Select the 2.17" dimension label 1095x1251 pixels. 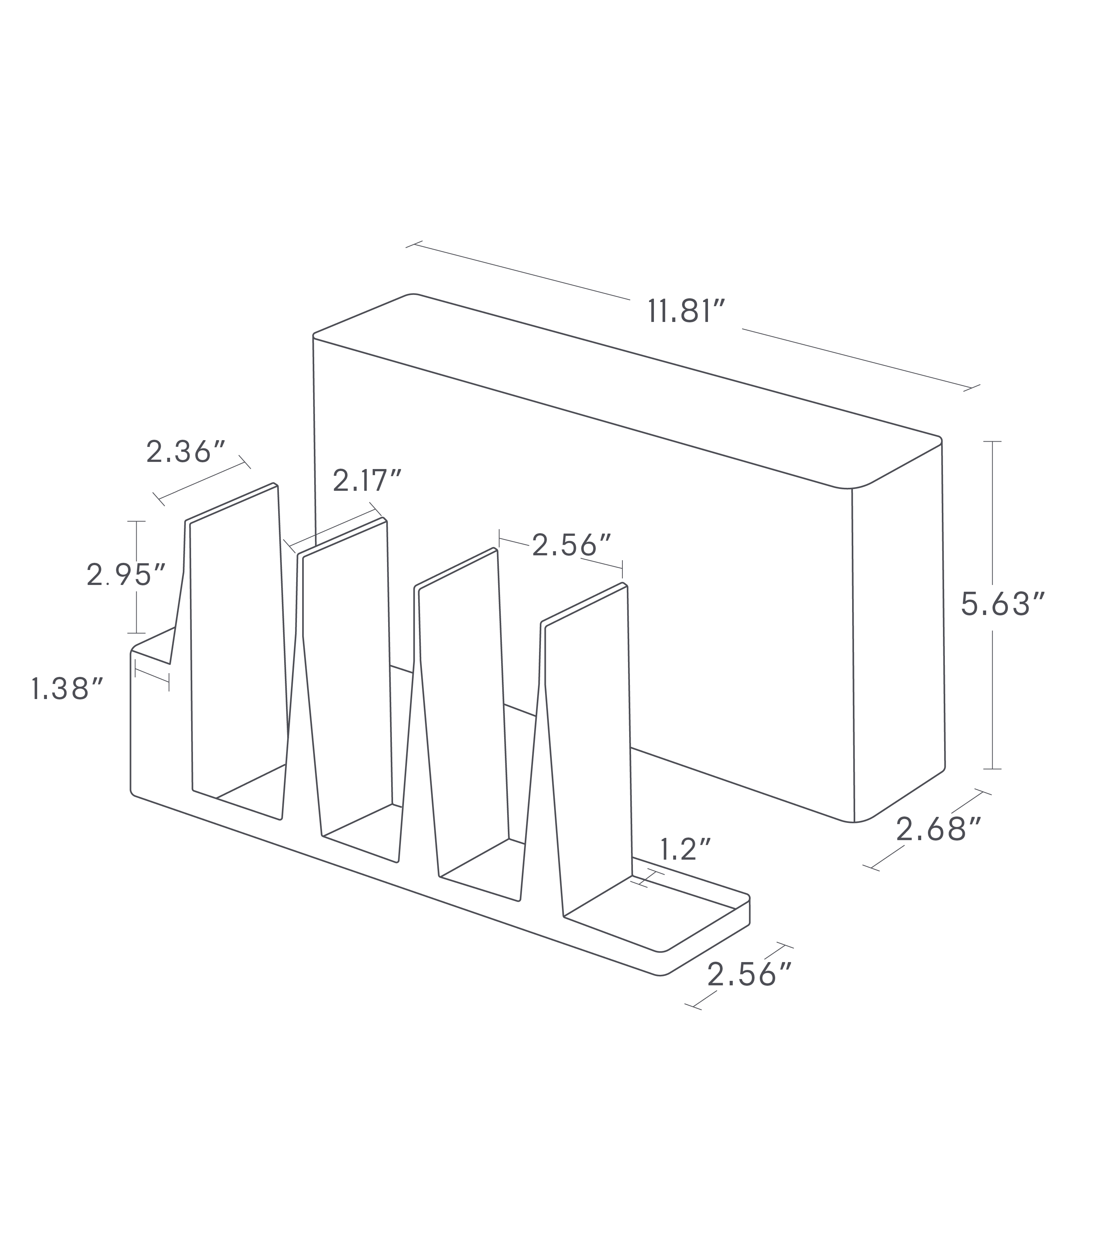tap(367, 481)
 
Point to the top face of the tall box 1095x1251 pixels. tap(611, 385)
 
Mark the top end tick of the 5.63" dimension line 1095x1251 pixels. tap(992, 441)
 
